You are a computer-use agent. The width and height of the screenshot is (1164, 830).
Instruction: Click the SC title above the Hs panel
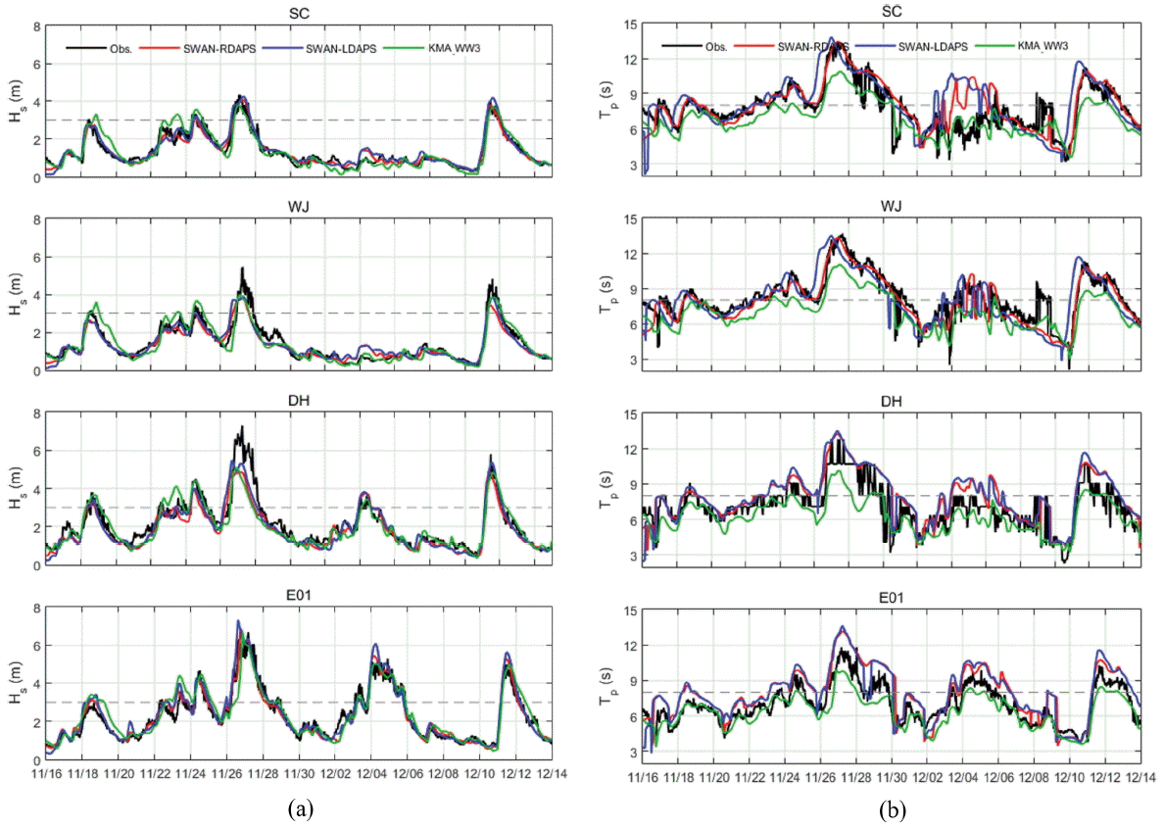(x=299, y=11)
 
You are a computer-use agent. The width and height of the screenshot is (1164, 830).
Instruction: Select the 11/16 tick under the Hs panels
(x=46, y=772)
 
